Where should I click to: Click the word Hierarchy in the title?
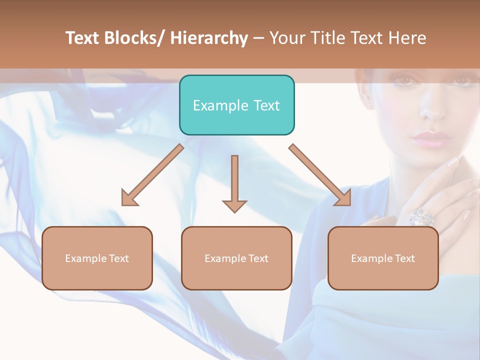(208, 38)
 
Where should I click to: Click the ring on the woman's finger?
(421, 216)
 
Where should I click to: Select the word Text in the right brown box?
(404, 258)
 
